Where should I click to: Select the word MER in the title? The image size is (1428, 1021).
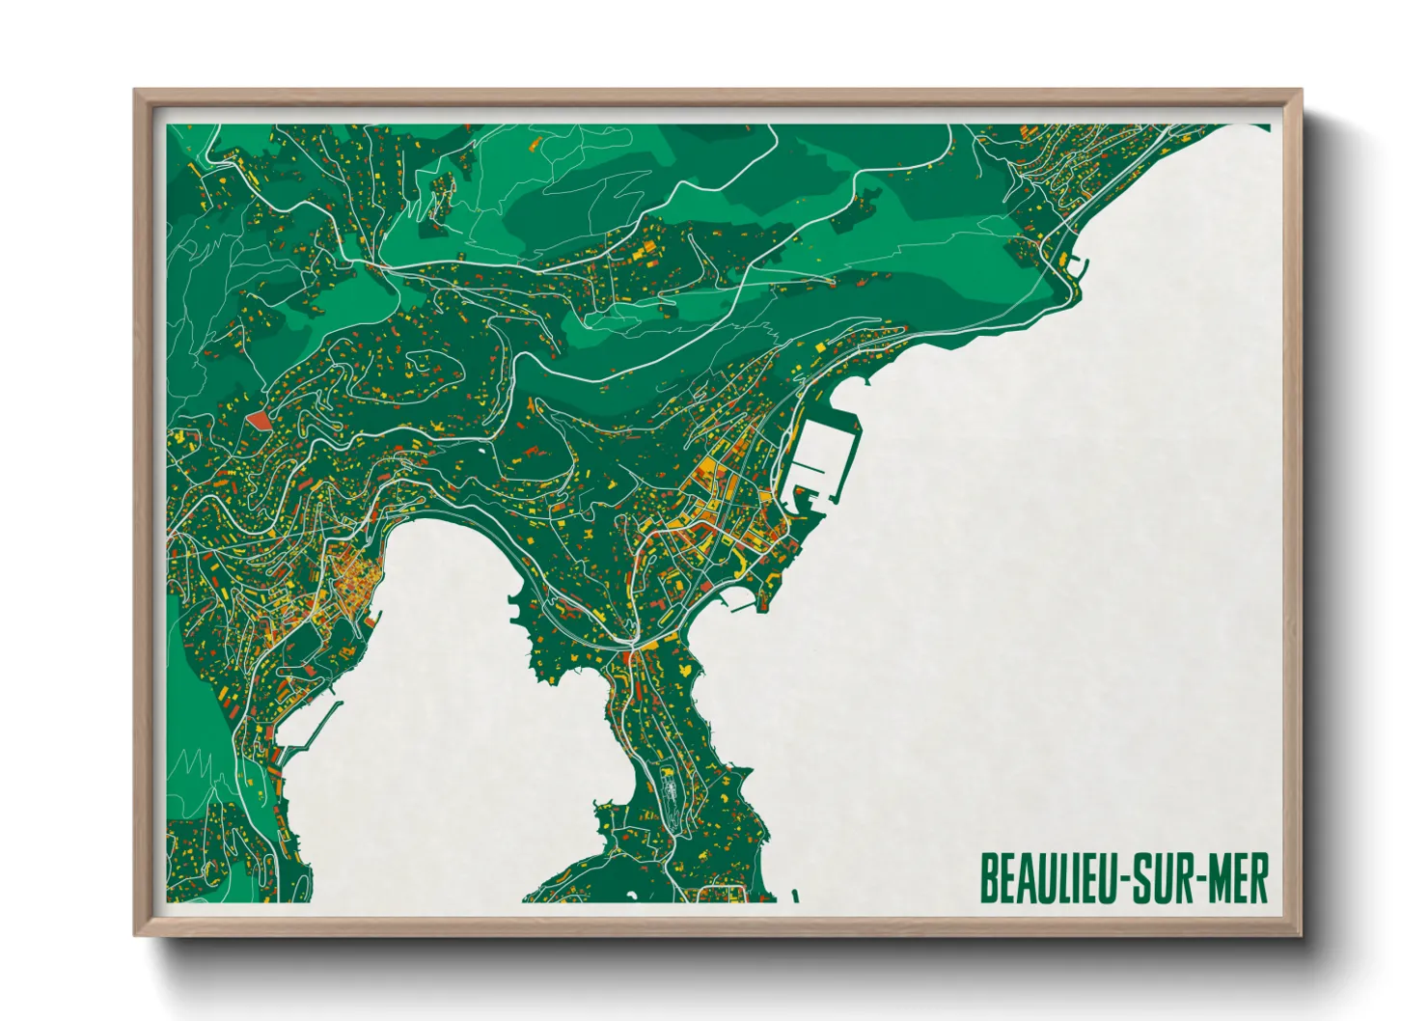click(1237, 878)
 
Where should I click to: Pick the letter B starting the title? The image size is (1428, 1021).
click(988, 878)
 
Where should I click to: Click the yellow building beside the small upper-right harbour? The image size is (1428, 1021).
click(1064, 259)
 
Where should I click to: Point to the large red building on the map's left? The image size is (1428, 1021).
click(258, 421)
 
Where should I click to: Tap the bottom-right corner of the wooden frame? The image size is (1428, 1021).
click(1301, 935)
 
